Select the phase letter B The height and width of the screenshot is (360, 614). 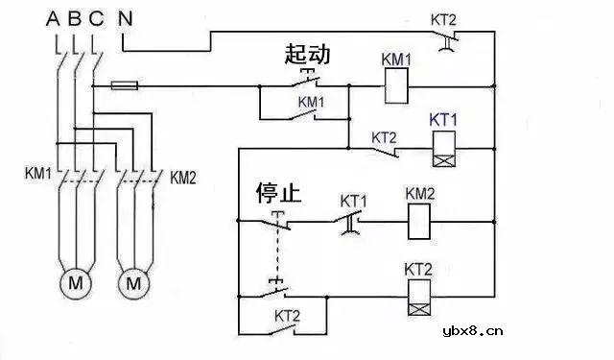[x=76, y=16]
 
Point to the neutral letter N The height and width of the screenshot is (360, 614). [x=126, y=16]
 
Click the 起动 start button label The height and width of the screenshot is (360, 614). [x=307, y=55]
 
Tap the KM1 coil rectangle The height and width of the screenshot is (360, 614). [x=397, y=88]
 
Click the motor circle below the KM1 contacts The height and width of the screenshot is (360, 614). [x=74, y=283]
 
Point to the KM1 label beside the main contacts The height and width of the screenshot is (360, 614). [x=37, y=177]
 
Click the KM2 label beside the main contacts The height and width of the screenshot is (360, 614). [x=182, y=177]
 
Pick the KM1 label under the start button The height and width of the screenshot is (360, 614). [x=312, y=101]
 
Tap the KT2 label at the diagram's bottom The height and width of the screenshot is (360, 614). [x=288, y=314]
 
